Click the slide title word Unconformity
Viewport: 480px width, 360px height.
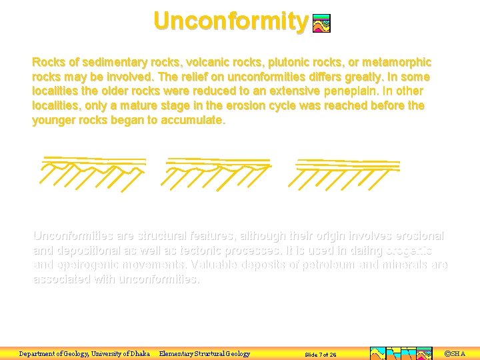[x=231, y=21]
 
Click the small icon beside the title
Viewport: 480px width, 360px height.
[x=321, y=24]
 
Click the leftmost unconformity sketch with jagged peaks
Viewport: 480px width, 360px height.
[x=93, y=170]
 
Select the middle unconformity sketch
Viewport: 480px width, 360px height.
[x=218, y=171]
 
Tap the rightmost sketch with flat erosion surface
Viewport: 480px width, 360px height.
[x=347, y=171]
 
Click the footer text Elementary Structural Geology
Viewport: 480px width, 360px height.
[x=204, y=354]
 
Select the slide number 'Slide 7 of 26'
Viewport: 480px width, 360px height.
[x=320, y=355]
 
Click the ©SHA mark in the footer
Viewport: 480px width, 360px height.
[x=455, y=354]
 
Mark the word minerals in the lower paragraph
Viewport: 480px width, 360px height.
[x=401, y=265]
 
